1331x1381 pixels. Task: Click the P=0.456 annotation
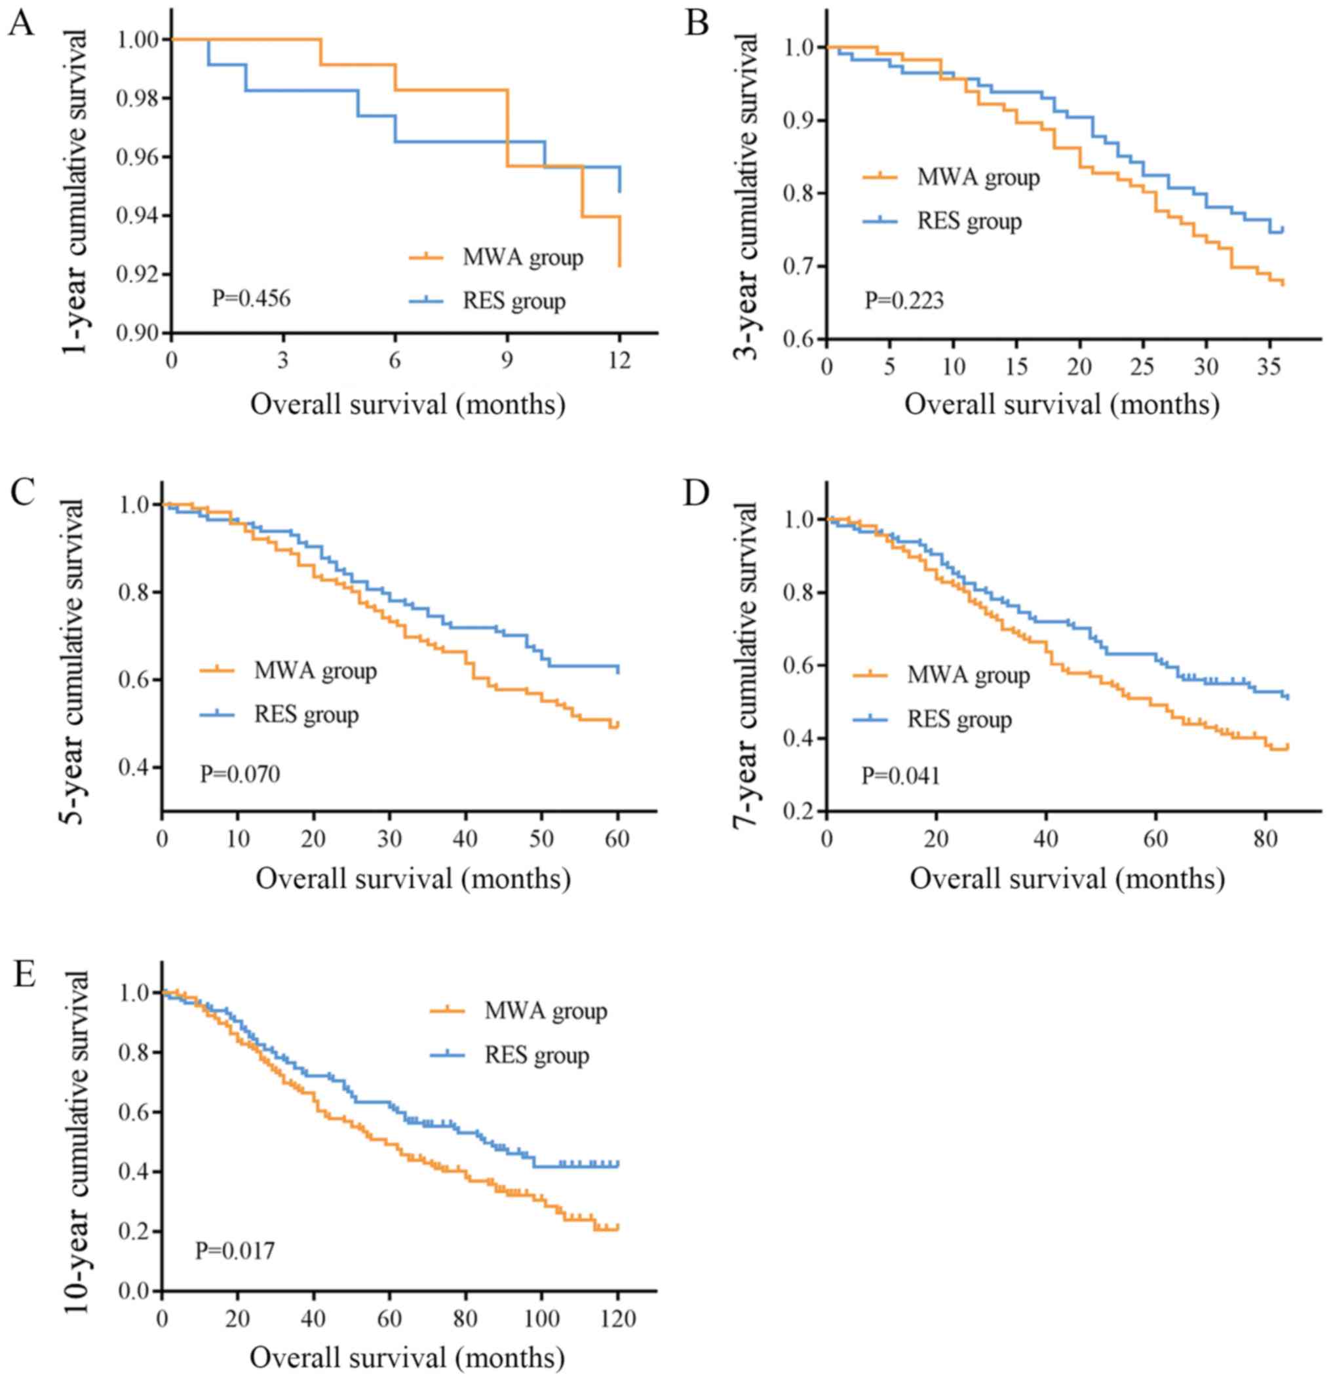click(x=251, y=298)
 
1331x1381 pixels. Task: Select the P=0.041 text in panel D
click(x=900, y=776)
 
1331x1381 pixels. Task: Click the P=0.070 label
click(x=240, y=773)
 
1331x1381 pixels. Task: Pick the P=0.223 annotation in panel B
click(x=904, y=301)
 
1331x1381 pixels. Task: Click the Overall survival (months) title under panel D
click(x=1067, y=879)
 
